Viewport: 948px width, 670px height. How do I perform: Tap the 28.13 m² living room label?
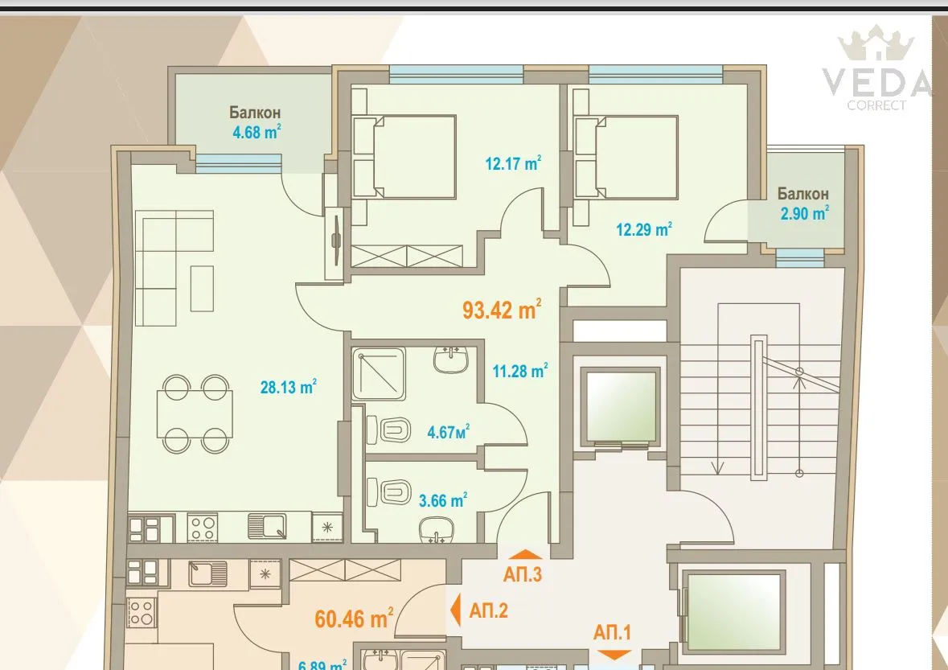tap(287, 388)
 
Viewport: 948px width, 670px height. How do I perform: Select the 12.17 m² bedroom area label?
tap(513, 164)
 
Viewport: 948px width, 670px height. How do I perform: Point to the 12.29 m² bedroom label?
tap(643, 229)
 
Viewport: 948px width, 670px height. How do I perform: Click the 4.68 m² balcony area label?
tap(256, 132)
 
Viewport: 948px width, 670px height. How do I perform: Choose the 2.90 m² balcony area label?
tap(804, 213)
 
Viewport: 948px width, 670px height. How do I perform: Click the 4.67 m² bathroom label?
tap(448, 432)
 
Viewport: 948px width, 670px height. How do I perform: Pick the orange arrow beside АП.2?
tap(455, 610)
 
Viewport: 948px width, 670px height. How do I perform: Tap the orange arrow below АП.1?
tap(615, 655)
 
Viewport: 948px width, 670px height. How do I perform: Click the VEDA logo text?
tap(876, 82)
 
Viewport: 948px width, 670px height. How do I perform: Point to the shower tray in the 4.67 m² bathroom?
tap(379, 374)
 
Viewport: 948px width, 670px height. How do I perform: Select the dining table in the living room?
tap(195, 413)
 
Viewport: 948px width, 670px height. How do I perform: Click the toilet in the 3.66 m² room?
tap(390, 490)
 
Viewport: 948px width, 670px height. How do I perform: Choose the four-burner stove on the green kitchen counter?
tap(202, 528)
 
